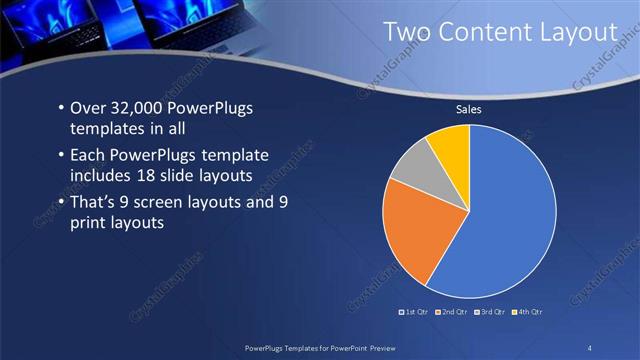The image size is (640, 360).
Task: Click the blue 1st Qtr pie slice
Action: pyautogui.click(x=510, y=220)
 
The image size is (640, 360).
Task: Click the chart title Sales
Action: pyautogui.click(x=470, y=109)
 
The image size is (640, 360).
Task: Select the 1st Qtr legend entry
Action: pyautogui.click(x=414, y=313)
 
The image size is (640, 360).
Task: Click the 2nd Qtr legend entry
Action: pyautogui.click(x=456, y=313)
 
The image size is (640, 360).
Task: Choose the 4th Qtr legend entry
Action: pyautogui.click(x=528, y=313)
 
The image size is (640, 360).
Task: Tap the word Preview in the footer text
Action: pyautogui.click(x=379, y=346)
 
